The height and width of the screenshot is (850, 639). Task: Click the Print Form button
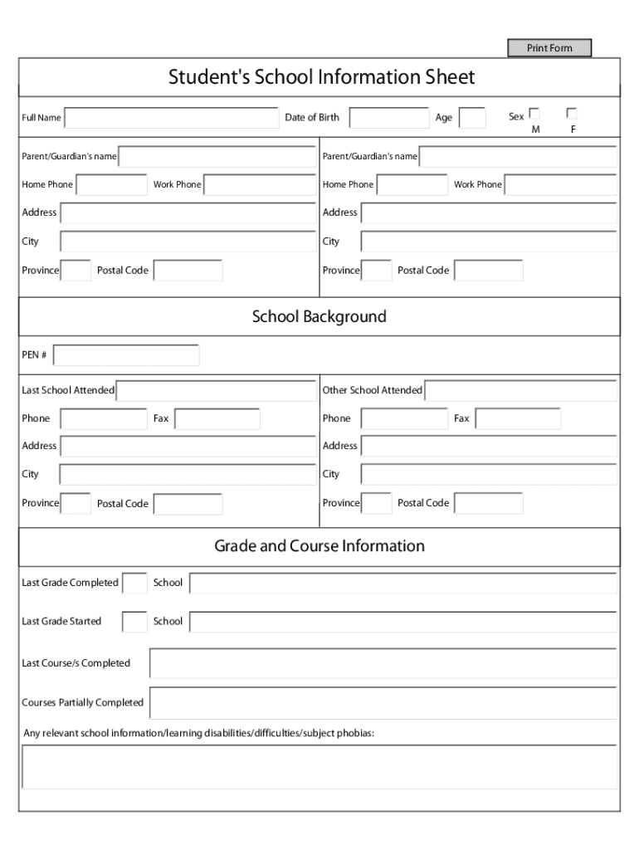pyautogui.click(x=549, y=48)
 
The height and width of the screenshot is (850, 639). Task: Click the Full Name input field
pyautogui.click(x=172, y=118)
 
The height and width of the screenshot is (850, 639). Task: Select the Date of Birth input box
pyautogui.click(x=389, y=118)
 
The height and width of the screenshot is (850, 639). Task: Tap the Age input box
pyautogui.click(x=472, y=118)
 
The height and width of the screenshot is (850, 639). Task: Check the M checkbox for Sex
pyautogui.click(x=534, y=114)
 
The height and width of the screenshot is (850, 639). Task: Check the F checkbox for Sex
pyautogui.click(x=571, y=114)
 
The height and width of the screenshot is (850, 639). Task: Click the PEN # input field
pyautogui.click(x=126, y=355)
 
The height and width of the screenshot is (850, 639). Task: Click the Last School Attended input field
pyautogui.click(x=216, y=390)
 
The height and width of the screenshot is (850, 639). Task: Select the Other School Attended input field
pyautogui.click(x=520, y=390)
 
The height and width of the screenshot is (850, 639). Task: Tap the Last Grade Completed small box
pyautogui.click(x=134, y=583)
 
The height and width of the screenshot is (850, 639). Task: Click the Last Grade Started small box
pyautogui.click(x=134, y=621)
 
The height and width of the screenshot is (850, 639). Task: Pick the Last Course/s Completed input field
pyautogui.click(x=383, y=663)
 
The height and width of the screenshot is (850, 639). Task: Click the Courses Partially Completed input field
pyautogui.click(x=383, y=702)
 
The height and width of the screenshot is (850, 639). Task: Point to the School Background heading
pyautogui.click(x=319, y=316)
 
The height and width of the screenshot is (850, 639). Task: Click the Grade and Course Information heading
pyautogui.click(x=319, y=545)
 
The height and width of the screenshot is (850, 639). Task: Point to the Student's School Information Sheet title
pyautogui.click(x=321, y=77)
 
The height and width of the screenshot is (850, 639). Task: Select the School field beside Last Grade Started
pyautogui.click(x=403, y=621)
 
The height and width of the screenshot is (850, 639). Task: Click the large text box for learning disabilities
pyautogui.click(x=319, y=766)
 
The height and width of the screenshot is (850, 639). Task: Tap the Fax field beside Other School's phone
pyautogui.click(x=517, y=419)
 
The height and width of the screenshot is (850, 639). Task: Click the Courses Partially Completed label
pyautogui.click(x=82, y=703)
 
